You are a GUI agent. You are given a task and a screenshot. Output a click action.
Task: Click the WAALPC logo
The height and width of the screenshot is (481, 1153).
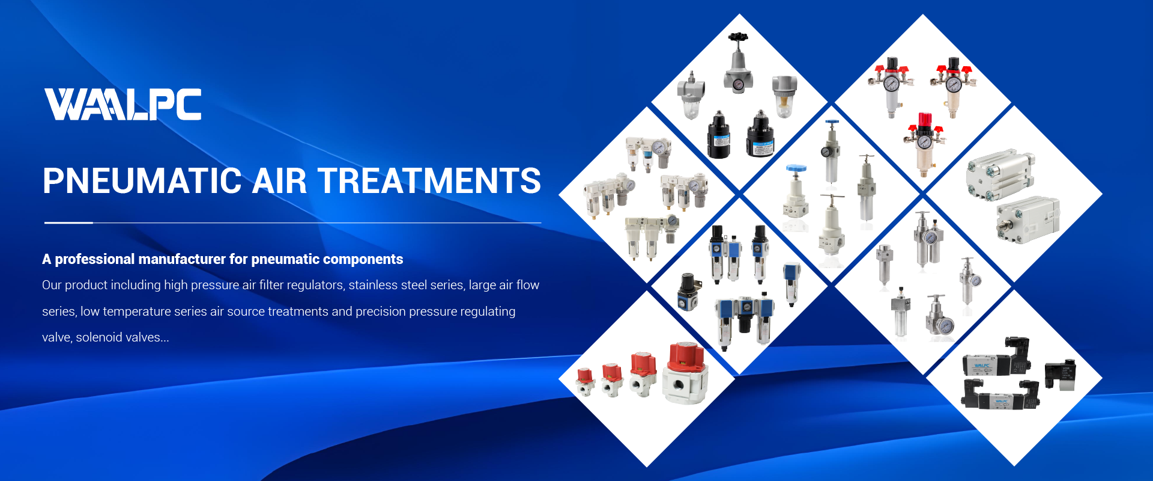123,104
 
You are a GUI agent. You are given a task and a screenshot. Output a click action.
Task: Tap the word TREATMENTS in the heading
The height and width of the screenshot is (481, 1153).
429,181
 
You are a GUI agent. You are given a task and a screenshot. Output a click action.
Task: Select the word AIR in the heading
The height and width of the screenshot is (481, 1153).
279,181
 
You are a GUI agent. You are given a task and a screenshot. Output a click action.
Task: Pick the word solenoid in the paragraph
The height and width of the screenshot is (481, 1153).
99,337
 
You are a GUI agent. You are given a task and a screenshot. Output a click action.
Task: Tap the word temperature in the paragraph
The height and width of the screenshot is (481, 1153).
136,311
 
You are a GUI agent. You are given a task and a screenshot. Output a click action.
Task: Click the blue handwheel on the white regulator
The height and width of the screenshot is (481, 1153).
796,169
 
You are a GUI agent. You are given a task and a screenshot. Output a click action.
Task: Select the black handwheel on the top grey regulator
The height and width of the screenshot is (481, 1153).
738,37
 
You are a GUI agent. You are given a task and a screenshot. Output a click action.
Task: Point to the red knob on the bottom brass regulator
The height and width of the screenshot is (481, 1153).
925,118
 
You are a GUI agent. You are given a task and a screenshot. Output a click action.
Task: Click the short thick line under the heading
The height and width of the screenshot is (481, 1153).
68,222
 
